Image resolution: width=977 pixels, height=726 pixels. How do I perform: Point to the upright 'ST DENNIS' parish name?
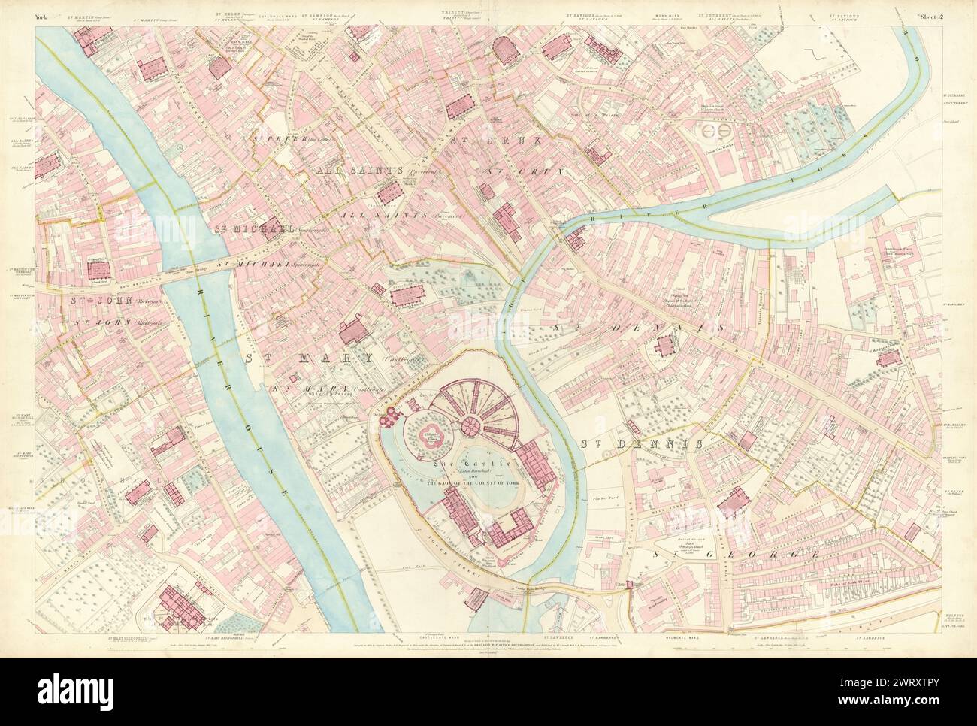coord(643,444)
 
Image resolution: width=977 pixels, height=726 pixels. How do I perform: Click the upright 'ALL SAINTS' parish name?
coord(359,171)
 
